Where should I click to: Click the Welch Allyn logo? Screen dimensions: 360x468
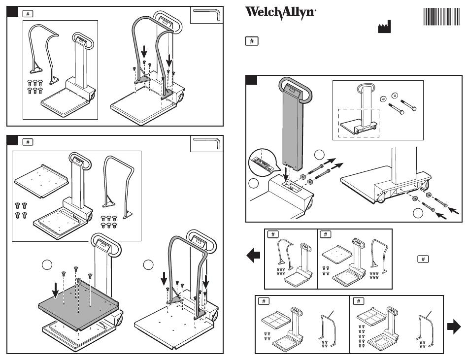[280, 13]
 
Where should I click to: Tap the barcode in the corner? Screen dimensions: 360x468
[442, 17]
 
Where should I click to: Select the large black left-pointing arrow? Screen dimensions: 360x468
[253, 256]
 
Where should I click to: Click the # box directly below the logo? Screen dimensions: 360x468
[251, 41]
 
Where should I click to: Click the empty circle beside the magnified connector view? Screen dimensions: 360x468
[254, 184]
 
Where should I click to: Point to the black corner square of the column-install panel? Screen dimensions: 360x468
[251, 80]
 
